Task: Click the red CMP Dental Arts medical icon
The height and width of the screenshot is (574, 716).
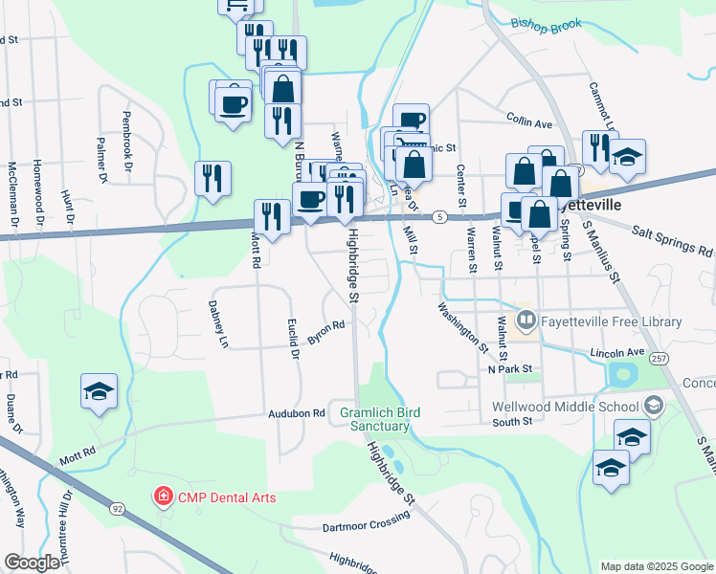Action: click(164, 497)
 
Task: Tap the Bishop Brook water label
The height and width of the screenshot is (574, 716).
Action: click(546, 24)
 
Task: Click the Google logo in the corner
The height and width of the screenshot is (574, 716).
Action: click(32, 563)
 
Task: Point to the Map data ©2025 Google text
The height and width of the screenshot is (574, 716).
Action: click(656, 566)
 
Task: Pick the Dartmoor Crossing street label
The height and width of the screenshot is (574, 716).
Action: click(366, 521)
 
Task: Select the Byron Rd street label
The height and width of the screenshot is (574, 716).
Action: click(325, 332)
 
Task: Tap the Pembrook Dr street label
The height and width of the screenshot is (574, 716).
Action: click(125, 145)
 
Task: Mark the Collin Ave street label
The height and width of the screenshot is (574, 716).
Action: click(529, 123)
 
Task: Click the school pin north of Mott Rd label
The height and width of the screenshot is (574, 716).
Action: click(100, 393)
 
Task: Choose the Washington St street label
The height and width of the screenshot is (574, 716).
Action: click(463, 325)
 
